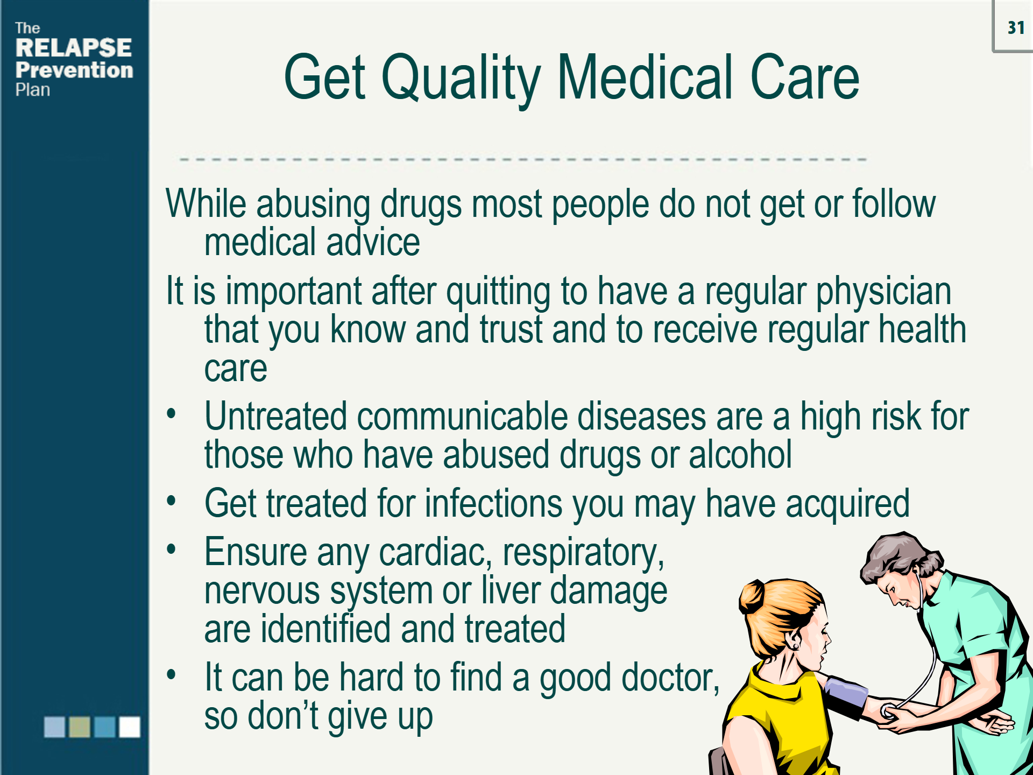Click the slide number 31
click(1016, 27)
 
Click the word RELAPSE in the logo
click(74, 48)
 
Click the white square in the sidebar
click(130, 727)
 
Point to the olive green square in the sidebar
click(80, 727)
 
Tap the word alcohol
click(740, 455)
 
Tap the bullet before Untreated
click(171, 414)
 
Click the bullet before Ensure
click(171, 549)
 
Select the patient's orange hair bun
click(752, 597)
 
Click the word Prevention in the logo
click(74, 71)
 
